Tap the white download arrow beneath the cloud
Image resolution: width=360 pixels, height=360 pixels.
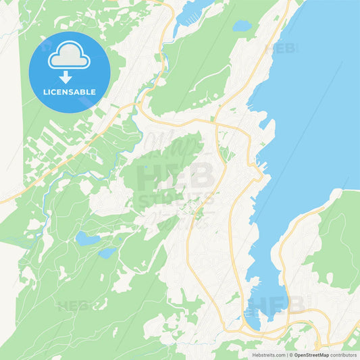point(69,77)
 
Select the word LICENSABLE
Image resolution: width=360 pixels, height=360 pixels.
point(69,91)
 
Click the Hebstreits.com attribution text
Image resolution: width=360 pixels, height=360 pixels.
point(265,354)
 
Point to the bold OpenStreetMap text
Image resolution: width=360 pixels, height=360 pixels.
point(311,354)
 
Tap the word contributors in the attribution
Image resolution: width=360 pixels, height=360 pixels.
point(342,354)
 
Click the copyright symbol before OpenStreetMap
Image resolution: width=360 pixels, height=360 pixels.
point(291,354)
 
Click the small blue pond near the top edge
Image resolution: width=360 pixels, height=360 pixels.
point(242,26)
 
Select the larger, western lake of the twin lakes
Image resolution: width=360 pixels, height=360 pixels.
point(85,238)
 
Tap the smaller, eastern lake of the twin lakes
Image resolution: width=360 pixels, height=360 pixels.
point(107,253)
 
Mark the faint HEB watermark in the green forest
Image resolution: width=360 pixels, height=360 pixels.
point(74,306)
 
